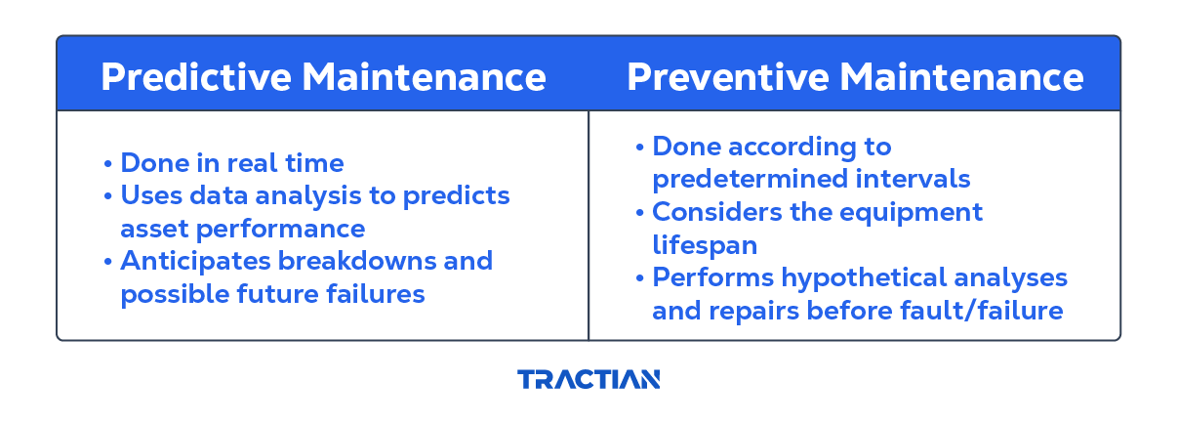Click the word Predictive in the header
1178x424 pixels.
[196, 77]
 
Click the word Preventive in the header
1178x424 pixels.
[728, 77]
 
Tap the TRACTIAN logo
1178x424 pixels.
[589, 379]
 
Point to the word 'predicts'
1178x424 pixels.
[456, 197]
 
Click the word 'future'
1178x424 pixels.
[277, 293]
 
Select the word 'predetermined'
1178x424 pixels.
[750, 180]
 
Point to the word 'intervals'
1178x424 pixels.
[913, 179]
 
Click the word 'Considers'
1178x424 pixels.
[716, 212]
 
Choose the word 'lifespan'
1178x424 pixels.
[705, 246]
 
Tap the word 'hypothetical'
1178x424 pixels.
[864, 278]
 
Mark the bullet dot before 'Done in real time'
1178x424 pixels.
[107, 164]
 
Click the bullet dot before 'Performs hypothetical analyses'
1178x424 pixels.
[639, 277]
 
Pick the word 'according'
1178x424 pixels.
[792, 148]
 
